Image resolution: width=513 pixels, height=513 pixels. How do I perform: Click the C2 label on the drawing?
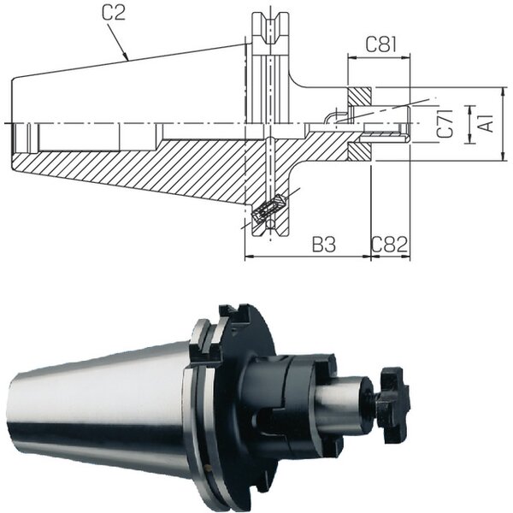point(113,13)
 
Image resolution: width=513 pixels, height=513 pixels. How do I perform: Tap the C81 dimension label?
point(380,44)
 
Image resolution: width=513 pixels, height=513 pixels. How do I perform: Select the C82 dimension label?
point(389,244)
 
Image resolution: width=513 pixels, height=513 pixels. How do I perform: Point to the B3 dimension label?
point(324,244)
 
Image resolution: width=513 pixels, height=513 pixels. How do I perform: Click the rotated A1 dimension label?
point(487,123)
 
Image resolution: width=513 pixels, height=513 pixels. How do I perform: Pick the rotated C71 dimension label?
point(446,123)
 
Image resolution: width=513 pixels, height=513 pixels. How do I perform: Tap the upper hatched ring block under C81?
point(359,97)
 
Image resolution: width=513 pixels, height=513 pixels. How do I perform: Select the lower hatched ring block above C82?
point(359,152)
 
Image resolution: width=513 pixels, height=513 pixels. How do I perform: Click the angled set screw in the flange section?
point(268,209)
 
